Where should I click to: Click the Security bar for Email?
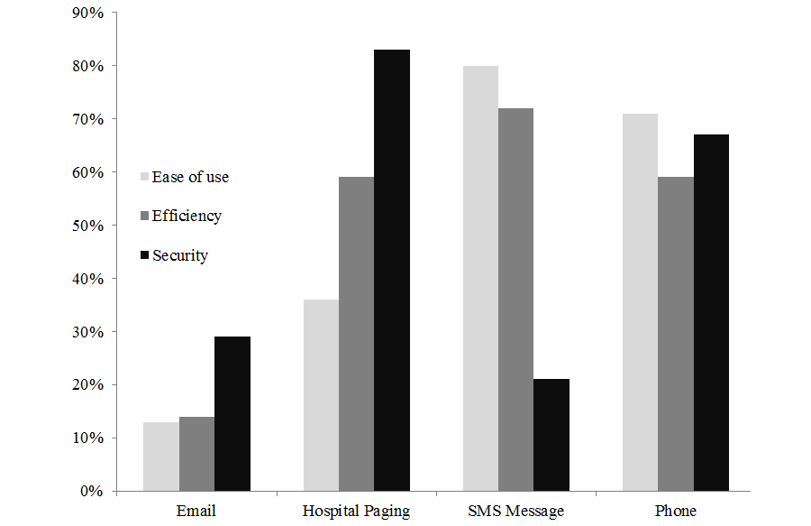232,414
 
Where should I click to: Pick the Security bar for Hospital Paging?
392,271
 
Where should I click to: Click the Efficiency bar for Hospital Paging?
356,334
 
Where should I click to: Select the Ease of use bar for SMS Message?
480,279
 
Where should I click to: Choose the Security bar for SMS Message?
551,435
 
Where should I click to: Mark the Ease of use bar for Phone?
640,302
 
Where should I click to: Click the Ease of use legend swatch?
144,177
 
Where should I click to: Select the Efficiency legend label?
187,216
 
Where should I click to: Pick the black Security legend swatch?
144,255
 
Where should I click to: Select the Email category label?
197,511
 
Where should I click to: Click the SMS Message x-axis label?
515,511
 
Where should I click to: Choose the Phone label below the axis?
675,511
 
